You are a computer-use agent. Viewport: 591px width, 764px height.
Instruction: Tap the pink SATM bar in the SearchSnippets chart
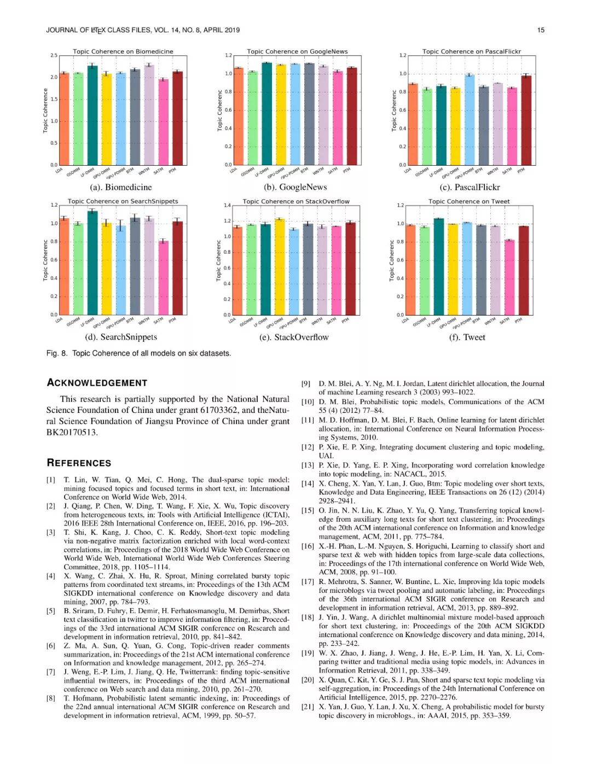[163, 277]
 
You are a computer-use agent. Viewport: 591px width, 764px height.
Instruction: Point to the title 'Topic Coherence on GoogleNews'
[297, 51]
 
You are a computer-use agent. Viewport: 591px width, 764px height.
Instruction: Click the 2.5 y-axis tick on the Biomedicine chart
[54, 56]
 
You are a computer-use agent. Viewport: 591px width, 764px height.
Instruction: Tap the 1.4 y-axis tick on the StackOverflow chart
[227, 206]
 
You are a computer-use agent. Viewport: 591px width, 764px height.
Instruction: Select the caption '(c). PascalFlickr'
[470, 187]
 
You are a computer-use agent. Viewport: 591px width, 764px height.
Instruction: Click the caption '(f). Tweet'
[467, 337]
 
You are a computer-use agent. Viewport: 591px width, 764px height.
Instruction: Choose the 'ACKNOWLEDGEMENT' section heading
[97, 383]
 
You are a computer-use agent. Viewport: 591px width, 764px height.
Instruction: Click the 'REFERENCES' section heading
[79, 463]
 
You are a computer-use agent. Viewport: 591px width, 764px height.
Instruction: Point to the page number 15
[541, 30]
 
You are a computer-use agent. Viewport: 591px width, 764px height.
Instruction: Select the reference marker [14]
[308, 483]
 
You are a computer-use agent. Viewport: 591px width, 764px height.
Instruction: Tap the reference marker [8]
[51, 698]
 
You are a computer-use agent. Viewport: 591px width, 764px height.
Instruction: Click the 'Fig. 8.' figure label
[57, 353]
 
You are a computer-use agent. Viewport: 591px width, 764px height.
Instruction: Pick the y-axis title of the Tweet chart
[391, 261]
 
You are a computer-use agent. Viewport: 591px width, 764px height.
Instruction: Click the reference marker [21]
[308, 707]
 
